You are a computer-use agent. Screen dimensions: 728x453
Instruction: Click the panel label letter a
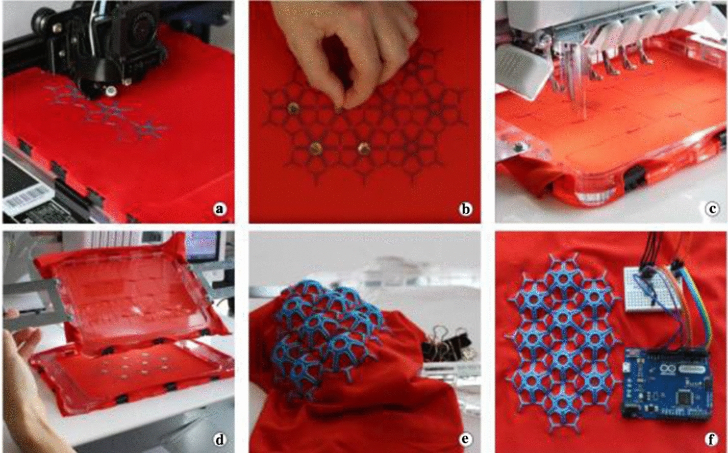coord(220,209)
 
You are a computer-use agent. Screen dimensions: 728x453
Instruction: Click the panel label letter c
coord(712,209)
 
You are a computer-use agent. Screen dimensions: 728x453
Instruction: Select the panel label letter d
coord(220,440)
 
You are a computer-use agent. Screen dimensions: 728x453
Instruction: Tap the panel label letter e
coord(465,440)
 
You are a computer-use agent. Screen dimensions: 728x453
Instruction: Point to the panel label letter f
coord(712,440)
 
